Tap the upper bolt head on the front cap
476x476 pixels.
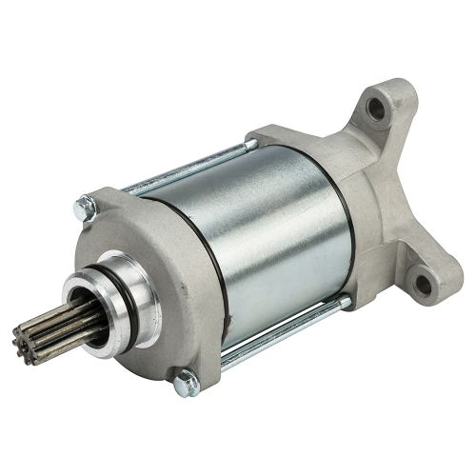86,205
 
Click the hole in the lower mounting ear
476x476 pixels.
420,282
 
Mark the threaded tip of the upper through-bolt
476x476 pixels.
251,144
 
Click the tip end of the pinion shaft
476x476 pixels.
63,334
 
